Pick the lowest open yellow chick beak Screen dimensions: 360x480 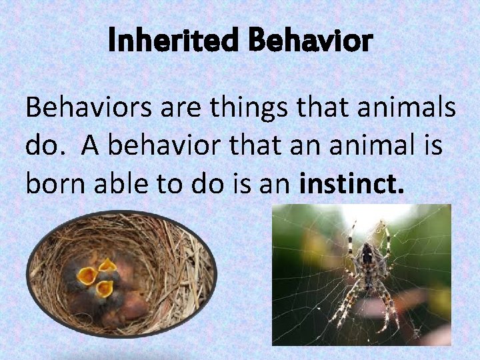104,289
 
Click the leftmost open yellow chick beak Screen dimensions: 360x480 87,274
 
